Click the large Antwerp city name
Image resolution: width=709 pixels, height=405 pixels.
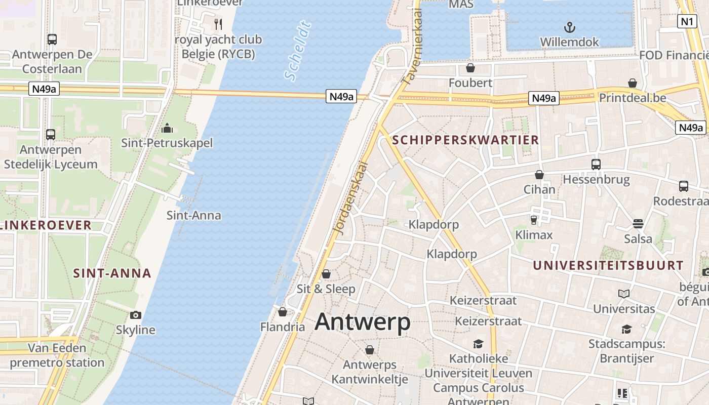[363, 322]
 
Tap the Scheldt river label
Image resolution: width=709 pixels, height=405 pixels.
[297, 51]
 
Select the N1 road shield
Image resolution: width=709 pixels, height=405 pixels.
[687, 21]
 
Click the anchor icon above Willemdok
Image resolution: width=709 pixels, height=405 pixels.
[570, 27]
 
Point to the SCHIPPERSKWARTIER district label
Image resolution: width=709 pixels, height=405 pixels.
[465, 140]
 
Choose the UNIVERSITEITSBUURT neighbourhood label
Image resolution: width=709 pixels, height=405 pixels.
[608, 265]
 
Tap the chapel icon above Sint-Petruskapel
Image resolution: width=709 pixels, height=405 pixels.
[167, 129]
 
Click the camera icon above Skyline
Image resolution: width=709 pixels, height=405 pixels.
[135, 315]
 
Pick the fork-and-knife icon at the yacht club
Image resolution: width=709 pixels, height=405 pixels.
[218, 24]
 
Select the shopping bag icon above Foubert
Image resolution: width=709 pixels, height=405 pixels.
[470, 68]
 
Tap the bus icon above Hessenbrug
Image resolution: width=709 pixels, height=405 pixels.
[596, 165]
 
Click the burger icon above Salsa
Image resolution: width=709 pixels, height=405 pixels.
[638, 224]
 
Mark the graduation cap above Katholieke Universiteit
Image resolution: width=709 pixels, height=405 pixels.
[478, 344]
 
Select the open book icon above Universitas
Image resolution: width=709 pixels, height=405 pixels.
[623, 294]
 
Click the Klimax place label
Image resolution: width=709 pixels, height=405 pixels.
[534, 235]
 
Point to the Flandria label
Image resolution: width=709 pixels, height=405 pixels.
[283, 327]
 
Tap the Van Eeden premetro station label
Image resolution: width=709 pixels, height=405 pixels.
[57, 355]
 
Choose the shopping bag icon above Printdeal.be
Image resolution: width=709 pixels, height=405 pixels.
[633, 83]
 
